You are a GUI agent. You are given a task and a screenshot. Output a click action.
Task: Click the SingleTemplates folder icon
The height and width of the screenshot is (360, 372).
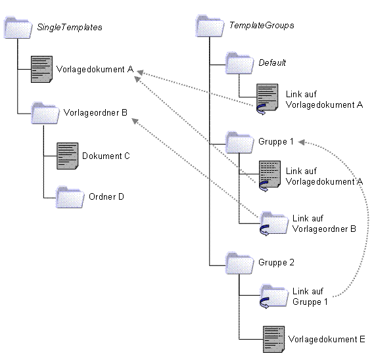point(18,28)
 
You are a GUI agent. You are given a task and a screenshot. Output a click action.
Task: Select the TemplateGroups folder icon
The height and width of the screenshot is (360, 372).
point(210,26)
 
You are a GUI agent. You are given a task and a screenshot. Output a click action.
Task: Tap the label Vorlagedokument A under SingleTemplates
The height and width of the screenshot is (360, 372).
point(95,69)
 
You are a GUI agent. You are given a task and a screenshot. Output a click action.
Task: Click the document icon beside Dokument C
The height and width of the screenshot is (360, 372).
point(68,156)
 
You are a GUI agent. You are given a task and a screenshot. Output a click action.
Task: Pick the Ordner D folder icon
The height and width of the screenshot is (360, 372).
point(70,197)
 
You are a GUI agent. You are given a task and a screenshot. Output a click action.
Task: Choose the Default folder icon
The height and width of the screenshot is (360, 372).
point(239,63)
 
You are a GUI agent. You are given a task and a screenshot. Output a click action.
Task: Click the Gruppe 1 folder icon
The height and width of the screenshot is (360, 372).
point(239,142)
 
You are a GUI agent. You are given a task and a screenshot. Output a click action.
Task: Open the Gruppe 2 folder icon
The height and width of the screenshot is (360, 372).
point(239,263)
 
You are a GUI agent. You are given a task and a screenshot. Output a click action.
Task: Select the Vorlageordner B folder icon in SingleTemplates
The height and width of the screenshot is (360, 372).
point(45,113)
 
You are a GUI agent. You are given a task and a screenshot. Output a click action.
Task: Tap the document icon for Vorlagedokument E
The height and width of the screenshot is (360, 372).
point(274,339)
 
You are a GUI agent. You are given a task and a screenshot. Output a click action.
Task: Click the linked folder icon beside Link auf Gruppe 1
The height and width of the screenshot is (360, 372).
point(274,296)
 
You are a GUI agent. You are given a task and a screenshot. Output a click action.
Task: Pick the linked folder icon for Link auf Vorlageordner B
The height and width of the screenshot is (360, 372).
point(274,223)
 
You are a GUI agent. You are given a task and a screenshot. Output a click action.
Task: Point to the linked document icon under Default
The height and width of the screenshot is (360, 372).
point(267,99)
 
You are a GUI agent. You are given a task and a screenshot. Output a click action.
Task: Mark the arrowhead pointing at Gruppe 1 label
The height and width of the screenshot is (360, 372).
point(301,142)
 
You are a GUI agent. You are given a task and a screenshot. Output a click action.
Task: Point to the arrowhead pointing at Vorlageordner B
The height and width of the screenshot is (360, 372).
point(135,121)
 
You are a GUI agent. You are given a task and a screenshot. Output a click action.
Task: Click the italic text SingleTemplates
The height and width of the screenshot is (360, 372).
point(70,28)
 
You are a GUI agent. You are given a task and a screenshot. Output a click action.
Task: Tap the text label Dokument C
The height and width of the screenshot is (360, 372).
point(106,156)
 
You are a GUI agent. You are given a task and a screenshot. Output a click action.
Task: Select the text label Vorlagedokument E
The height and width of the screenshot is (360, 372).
point(327,339)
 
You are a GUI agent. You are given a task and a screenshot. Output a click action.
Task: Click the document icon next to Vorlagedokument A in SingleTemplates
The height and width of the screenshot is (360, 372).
point(42,69)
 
